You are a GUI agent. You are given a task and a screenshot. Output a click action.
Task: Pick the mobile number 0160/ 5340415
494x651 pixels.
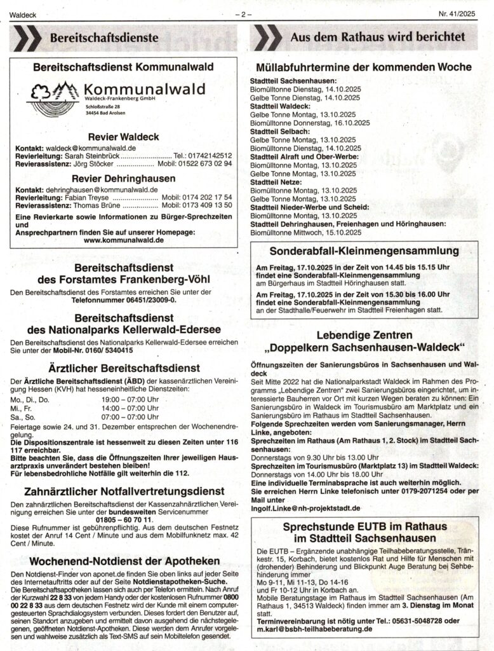pos(100,350)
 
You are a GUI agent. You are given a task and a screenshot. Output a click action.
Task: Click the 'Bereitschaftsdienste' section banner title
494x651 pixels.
pos(105,38)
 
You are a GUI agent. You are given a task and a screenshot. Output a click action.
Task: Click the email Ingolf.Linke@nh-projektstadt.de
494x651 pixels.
pos(305,509)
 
